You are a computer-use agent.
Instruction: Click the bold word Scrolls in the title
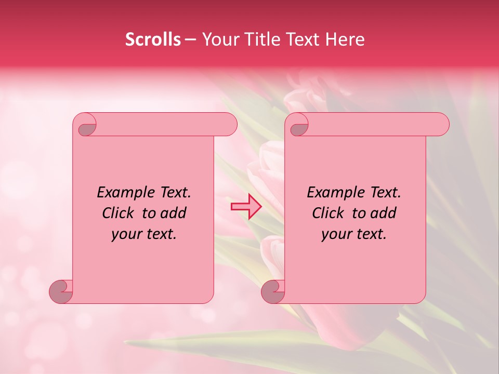tap(153, 39)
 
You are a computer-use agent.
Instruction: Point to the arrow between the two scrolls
tap(246, 206)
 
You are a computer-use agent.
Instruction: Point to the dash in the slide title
tap(191, 39)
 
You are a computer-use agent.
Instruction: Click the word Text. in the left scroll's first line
tap(173, 192)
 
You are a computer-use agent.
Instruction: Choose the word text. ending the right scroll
tap(370, 234)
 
